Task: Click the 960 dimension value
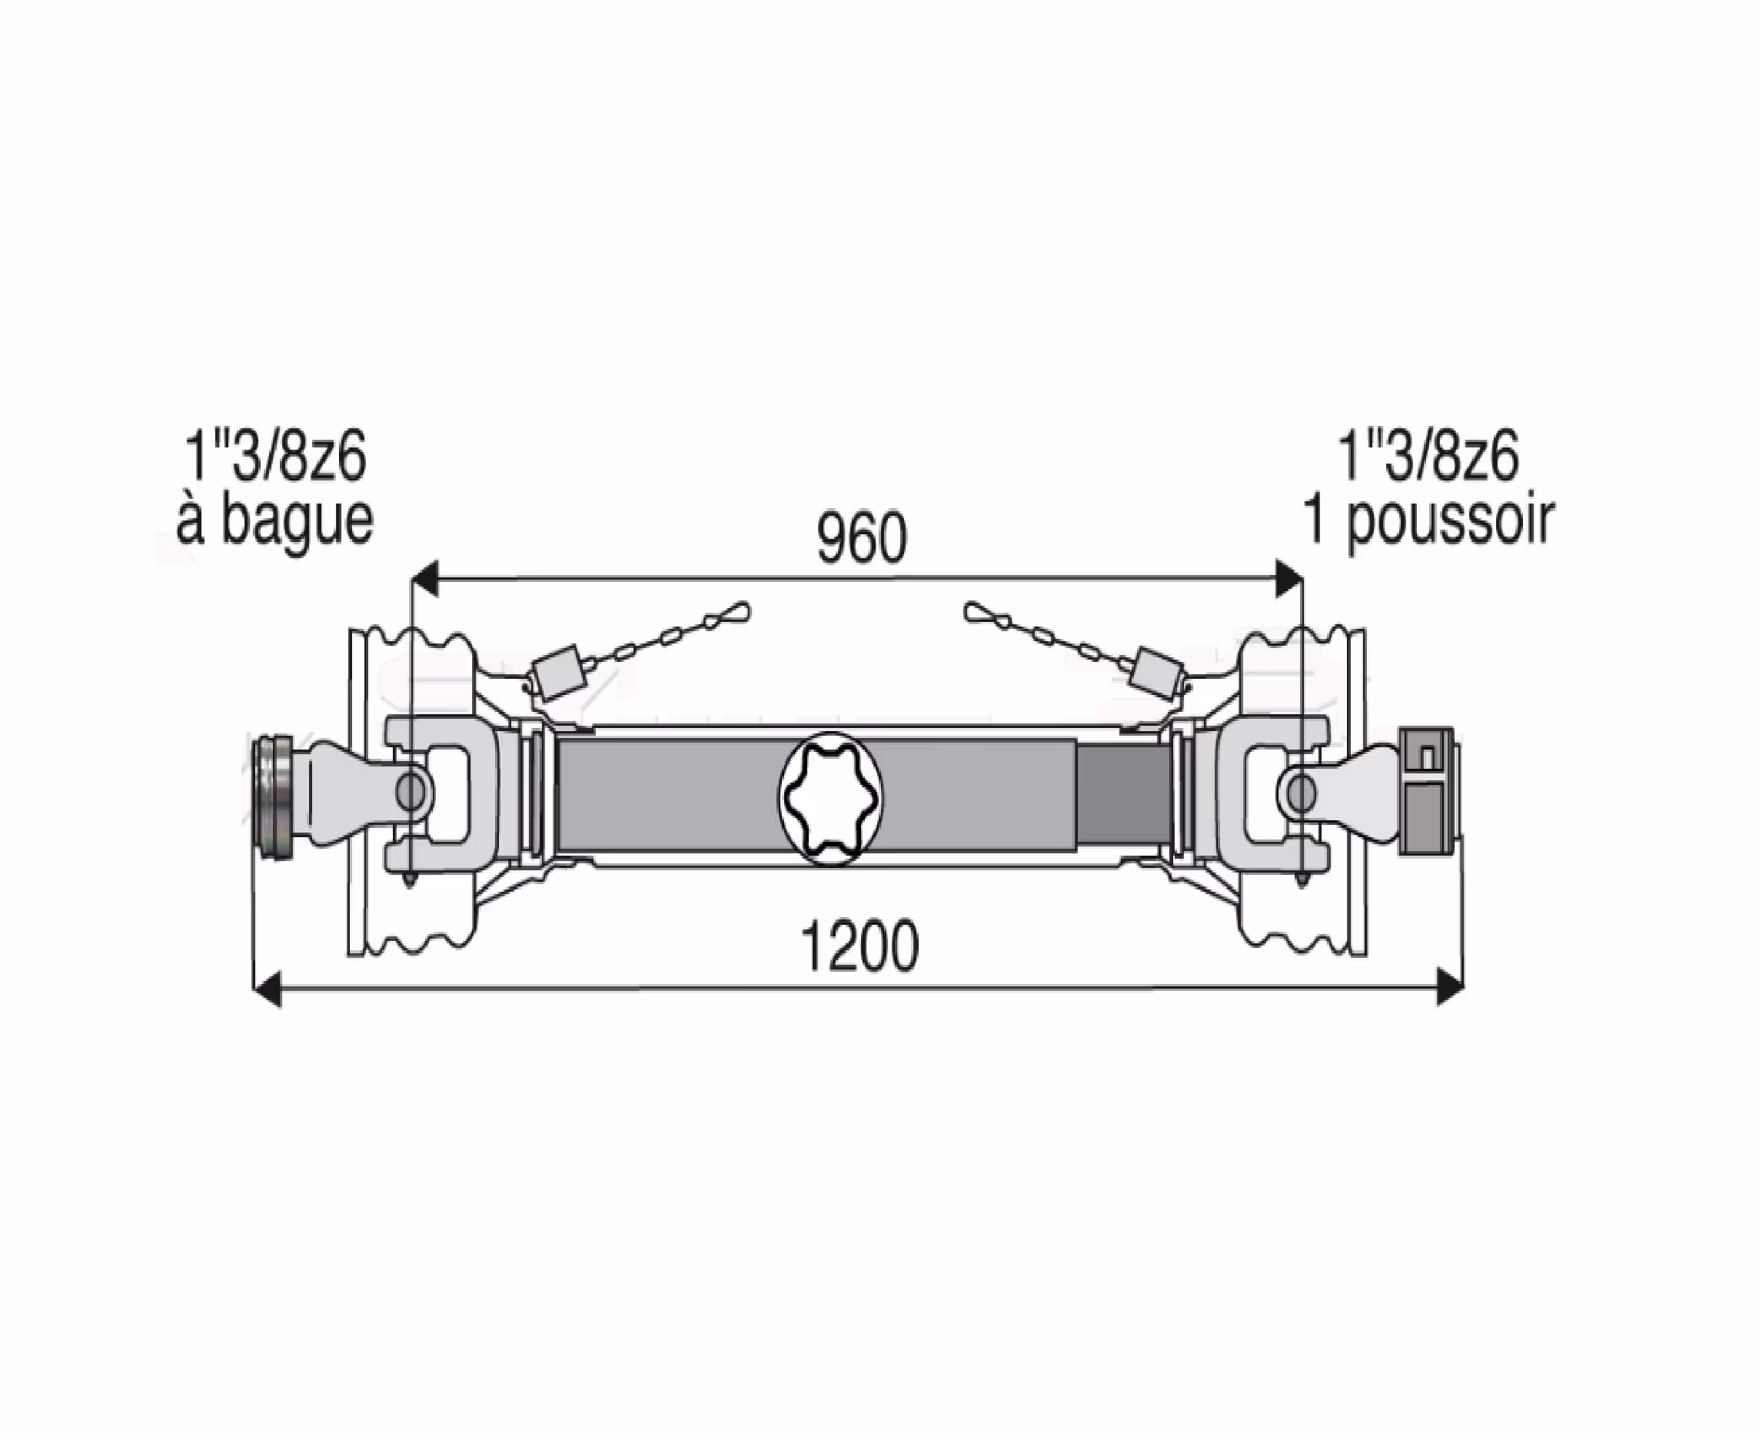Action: pyautogui.click(x=862, y=539)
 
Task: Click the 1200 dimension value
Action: pyautogui.click(x=860, y=948)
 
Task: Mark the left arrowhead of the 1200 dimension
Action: pyautogui.click(x=266, y=987)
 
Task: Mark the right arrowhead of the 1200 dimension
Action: pyautogui.click(x=1449, y=987)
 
